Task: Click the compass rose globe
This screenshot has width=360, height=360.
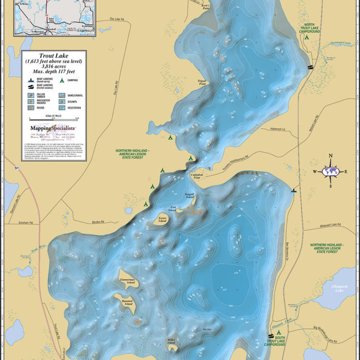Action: [330, 170]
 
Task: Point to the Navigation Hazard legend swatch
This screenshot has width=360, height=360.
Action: [31, 102]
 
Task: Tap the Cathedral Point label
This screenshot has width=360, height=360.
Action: [197, 176]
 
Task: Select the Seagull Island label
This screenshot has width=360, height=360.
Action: [190, 196]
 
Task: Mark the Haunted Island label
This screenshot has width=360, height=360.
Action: [127, 302]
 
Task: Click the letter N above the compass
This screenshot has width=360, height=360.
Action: [330, 156]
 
